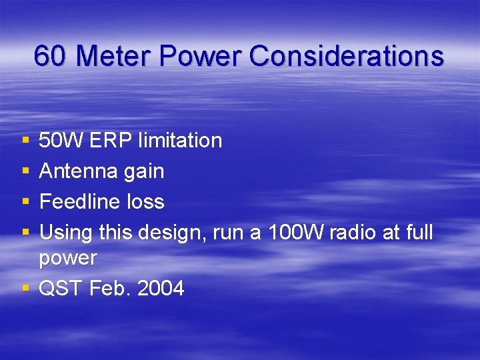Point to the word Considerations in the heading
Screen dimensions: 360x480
pyautogui.click(x=346, y=56)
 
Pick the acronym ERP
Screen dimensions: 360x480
pyautogui.click(x=111, y=141)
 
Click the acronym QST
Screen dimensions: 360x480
pyautogui.click(x=61, y=288)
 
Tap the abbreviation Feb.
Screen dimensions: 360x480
pyautogui.click(x=107, y=288)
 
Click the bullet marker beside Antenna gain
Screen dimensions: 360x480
pyautogui.click(x=25, y=171)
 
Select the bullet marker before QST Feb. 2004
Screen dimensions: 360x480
pyautogui.click(x=25, y=288)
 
